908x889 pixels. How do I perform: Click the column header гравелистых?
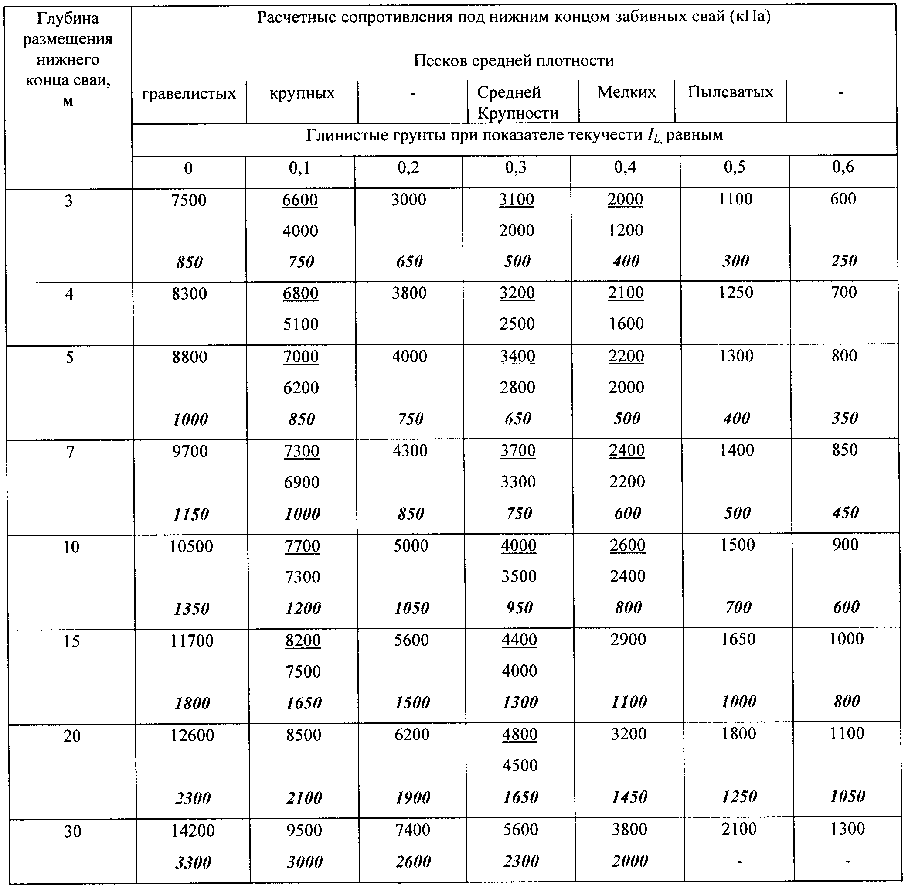pos(189,93)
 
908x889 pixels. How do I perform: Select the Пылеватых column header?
pos(730,92)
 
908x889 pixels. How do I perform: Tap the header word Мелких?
pos(626,92)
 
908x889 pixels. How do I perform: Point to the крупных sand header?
pos(302,93)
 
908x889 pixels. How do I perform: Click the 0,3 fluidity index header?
pos(515,167)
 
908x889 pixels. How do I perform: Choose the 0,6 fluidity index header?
pos(843,167)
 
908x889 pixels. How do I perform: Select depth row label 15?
pos(71,641)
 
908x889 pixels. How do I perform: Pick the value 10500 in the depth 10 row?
pos(191,546)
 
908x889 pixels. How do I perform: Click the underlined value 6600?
pos(300,200)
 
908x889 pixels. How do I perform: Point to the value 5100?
pos(301,324)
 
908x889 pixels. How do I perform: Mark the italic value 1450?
pos(629,797)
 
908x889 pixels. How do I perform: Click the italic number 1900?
pos(413,797)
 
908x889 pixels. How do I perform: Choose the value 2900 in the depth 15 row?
pos(628,640)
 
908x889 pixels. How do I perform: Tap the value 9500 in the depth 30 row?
pos(304,830)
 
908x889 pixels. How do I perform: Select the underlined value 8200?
pos(303,640)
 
